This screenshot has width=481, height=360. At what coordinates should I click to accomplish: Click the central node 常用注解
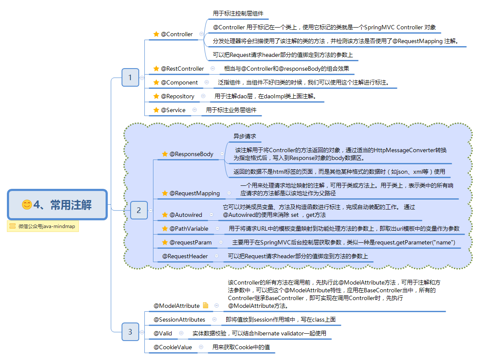(57, 204)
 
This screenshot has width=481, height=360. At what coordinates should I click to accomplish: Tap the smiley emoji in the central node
(27, 205)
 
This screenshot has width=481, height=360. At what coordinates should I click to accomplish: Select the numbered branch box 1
(130, 78)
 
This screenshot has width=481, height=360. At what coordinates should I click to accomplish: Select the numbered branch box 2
(139, 210)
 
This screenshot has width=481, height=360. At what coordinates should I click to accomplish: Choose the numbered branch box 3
(130, 332)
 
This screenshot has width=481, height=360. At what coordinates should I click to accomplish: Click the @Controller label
(177, 34)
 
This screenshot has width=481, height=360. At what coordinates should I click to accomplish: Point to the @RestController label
(182, 69)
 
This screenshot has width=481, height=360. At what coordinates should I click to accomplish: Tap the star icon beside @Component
(156, 82)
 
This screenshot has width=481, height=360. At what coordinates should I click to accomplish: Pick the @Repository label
(178, 96)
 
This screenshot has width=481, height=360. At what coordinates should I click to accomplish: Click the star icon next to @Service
(156, 110)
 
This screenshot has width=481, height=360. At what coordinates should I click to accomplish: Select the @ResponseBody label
(191, 154)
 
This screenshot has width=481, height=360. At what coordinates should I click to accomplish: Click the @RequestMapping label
(194, 193)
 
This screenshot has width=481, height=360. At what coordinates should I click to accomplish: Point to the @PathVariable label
(189, 229)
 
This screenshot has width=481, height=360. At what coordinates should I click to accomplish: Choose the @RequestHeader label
(185, 256)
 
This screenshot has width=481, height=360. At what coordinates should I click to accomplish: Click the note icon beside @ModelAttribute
(206, 306)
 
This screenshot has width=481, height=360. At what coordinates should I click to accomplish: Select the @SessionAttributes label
(179, 319)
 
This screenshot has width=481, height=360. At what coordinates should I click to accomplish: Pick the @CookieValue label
(173, 347)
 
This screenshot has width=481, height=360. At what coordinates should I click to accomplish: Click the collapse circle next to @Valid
(181, 333)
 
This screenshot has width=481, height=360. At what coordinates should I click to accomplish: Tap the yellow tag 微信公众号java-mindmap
(43, 226)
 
